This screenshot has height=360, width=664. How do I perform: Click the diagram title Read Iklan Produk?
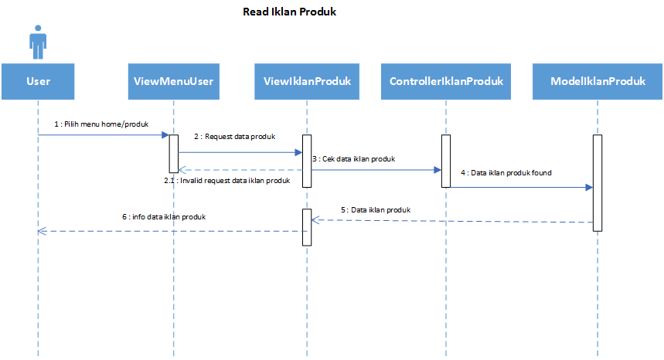(x=289, y=12)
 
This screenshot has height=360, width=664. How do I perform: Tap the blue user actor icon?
(x=38, y=42)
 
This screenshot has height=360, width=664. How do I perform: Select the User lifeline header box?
(x=38, y=82)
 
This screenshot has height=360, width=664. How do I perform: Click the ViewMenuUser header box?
(x=174, y=82)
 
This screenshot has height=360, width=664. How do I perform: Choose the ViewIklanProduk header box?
(x=307, y=82)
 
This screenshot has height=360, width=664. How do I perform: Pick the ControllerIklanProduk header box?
(x=446, y=82)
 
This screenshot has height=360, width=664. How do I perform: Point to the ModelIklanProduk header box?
(x=598, y=82)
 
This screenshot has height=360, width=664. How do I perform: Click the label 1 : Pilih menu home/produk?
(x=101, y=124)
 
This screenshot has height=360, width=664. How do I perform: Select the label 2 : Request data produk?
(x=234, y=137)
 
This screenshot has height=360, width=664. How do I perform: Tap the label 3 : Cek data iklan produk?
(x=354, y=159)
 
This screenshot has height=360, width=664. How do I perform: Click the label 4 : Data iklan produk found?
(x=506, y=172)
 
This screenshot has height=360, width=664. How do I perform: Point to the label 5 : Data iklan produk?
(x=376, y=210)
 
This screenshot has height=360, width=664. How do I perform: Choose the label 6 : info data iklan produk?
(x=164, y=217)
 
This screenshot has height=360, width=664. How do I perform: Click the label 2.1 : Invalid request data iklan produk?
(x=227, y=181)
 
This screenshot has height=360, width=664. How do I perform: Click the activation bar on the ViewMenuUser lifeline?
(x=174, y=154)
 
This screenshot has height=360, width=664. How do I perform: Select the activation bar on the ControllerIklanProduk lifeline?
(x=446, y=161)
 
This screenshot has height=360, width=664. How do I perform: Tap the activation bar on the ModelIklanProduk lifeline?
(x=598, y=183)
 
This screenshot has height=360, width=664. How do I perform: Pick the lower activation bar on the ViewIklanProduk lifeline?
(x=307, y=227)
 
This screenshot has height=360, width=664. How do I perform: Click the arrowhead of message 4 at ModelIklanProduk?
(x=590, y=188)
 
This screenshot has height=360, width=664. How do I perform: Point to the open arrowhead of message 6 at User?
(x=42, y=231)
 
